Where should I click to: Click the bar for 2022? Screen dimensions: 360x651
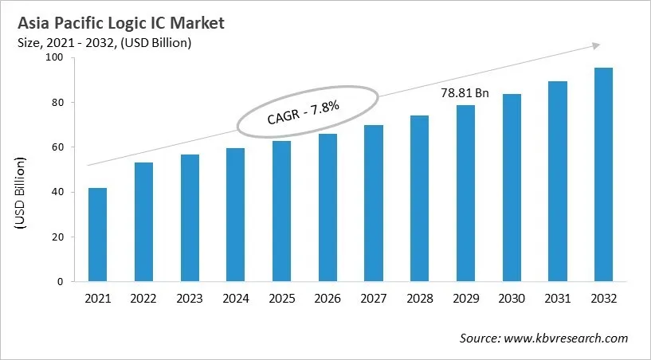(x=144, y=222)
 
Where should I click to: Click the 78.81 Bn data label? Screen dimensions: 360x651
(x=465, y=93)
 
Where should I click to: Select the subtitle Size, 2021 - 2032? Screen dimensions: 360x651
(x=104, y=43)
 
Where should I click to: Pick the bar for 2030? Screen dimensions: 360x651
(x=512, y=188)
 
